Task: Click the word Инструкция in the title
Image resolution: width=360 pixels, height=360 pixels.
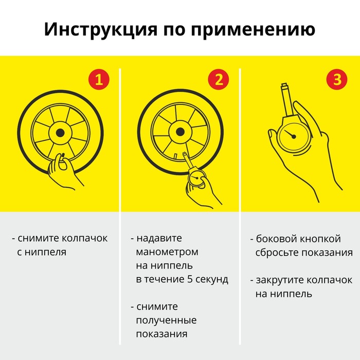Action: tap(101, 30)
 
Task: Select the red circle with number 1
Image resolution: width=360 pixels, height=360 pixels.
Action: tap(99, 79)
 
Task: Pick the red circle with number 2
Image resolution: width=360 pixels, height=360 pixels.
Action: tap(219, 79)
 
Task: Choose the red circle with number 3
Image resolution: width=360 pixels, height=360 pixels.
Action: tap(337, 79)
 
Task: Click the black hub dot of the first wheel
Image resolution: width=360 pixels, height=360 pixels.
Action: tap(60, 133)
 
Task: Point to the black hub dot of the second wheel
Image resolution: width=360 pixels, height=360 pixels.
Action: tap(180, 132)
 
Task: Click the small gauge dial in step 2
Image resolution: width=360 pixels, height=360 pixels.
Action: tap(195, 178)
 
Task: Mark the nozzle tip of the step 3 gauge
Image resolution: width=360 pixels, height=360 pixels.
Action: tap(284, 85)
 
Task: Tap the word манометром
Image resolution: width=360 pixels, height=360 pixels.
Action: tap(167, 252)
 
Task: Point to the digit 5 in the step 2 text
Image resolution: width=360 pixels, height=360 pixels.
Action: tap(189, 279)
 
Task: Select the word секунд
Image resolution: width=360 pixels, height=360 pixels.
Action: tap(212, 279)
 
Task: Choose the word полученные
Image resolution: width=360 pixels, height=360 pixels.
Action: tap(166, 320)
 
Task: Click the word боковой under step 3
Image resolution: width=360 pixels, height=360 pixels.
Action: tap(275, 239)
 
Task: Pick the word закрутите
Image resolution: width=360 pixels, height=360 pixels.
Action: tap(280, 280)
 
